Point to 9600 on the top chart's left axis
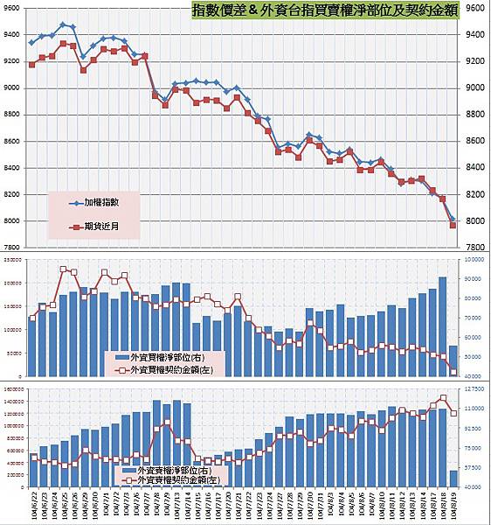12,8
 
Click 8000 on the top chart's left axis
12,220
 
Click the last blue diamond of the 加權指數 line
453,220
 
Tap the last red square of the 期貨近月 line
453,226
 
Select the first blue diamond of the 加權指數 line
32,42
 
